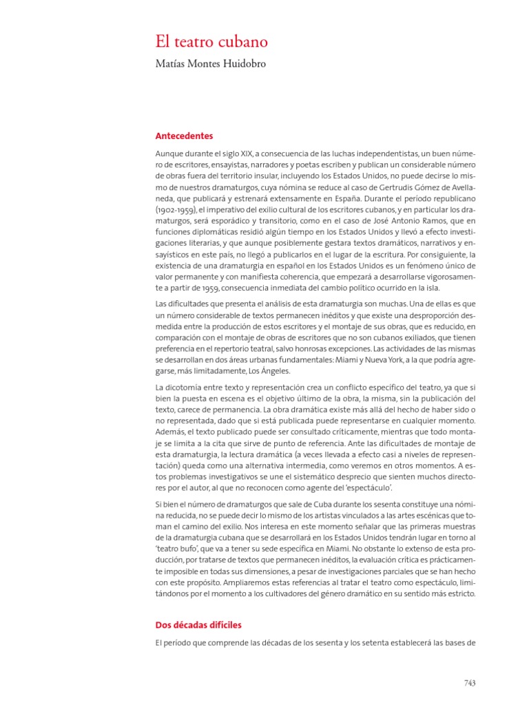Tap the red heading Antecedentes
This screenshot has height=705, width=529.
point(184,136)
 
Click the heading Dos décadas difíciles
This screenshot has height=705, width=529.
point(198,625)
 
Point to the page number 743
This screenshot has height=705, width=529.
point(470,683)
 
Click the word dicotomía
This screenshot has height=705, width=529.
point(184,388)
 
